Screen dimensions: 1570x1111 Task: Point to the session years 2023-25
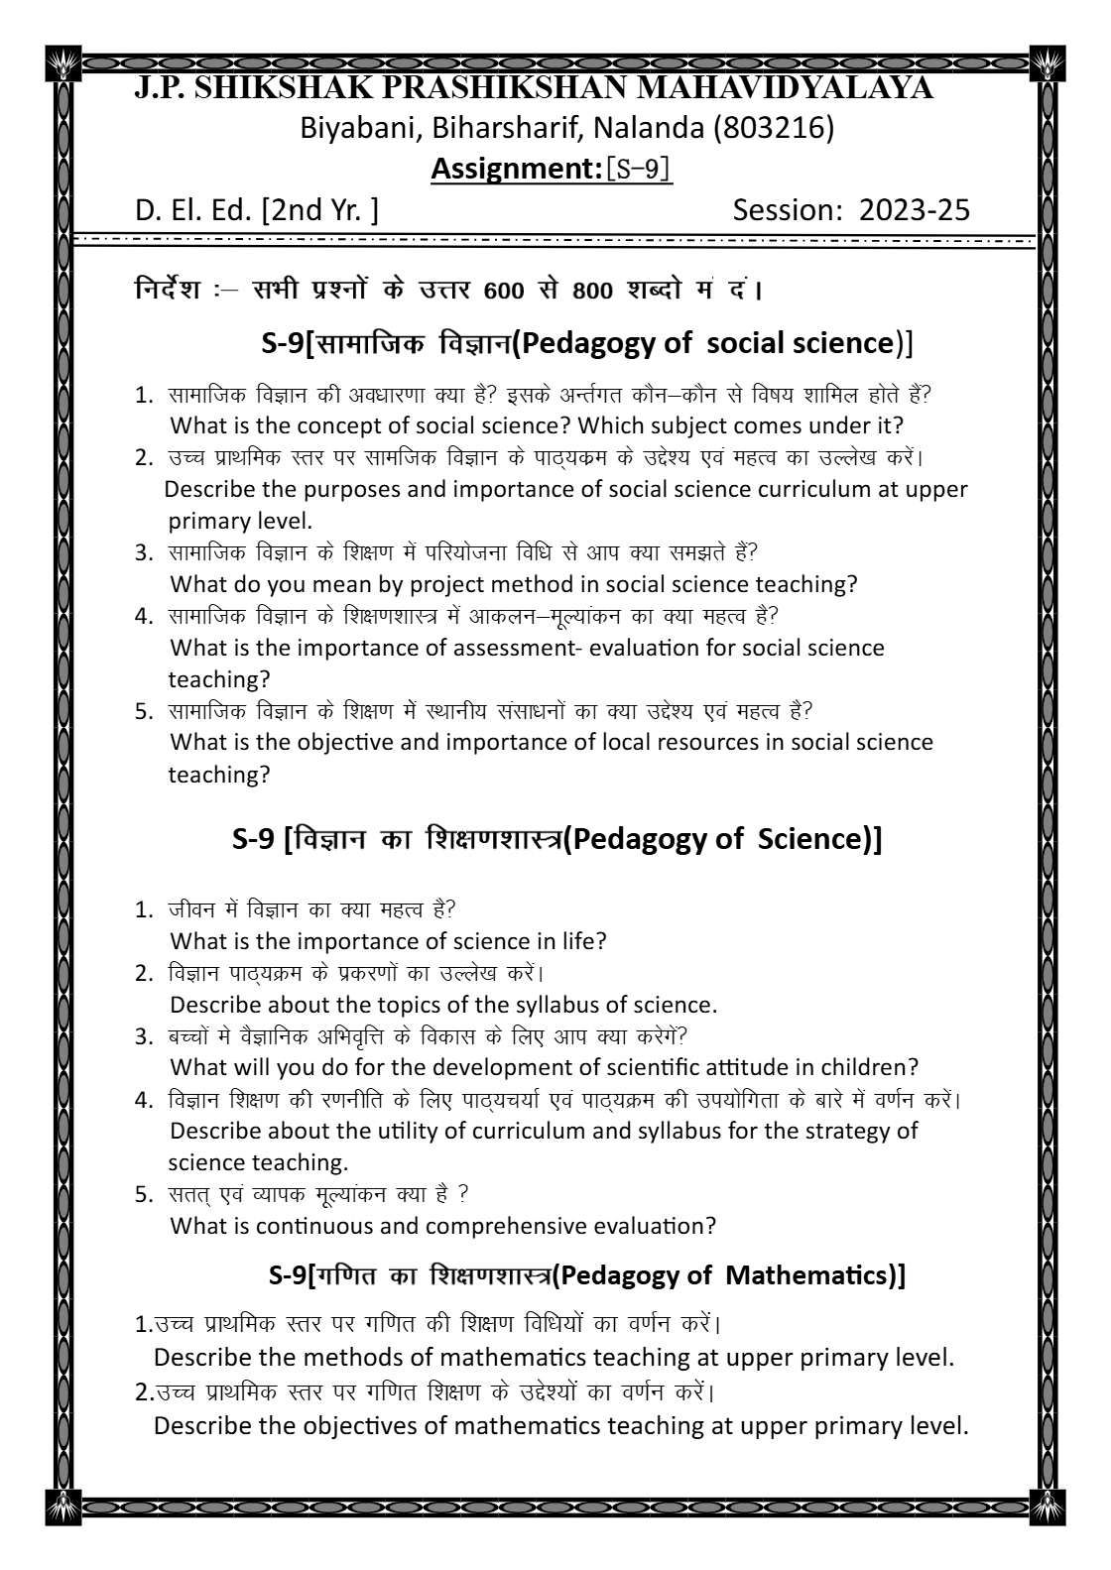(x=914, y=210)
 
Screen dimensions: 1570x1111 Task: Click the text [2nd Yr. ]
(x=319, y=210)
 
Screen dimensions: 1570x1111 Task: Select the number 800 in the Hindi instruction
(x=592, y=292)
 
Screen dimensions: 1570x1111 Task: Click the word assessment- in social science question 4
(x=519, y=648)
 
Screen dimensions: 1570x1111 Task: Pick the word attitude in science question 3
(x=745, y=1067)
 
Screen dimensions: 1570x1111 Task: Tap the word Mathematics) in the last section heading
(x=813, y=1275)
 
